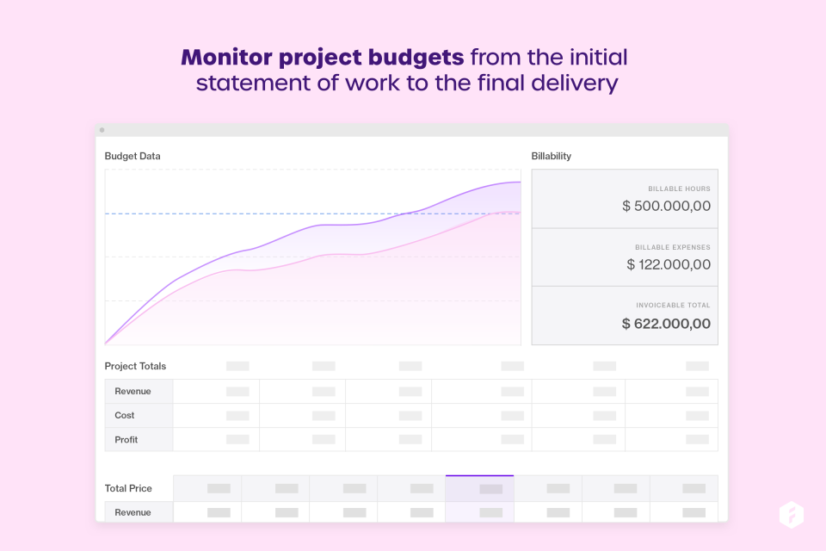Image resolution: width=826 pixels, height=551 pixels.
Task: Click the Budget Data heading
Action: pyautogui.click(x=133, y=156)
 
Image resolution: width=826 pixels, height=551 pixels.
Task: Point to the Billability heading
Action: pyautogui.click(x=552, y=156)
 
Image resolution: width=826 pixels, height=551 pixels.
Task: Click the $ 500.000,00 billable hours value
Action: pyautogui.click(x=666, y=207)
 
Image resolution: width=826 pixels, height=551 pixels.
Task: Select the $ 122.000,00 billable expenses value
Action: pyautogui.click(x=669, y=265)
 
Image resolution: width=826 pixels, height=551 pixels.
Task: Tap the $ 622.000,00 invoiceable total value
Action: pyautogui.click(x=666, y=324)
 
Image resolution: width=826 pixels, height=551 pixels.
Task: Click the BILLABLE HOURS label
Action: pyautogui.click(x=679, y=189)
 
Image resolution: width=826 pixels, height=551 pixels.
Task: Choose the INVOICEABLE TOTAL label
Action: pyautogui.click(x=673, y=305)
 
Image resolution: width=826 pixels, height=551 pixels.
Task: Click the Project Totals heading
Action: pyautogui.click(x=135, y=366)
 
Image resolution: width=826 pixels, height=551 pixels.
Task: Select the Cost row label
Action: pyautogui.click(x=125, y=415)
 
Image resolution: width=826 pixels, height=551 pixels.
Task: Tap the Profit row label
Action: pyautogui.click(x=126, y=439)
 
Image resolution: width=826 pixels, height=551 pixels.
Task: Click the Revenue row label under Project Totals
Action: pyautogui.click(x=133, y=391)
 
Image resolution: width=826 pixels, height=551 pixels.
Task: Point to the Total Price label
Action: pyautogui.click(x=128, y=488)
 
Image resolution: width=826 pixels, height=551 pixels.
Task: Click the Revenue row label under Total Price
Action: pyautogui.click(x=133, y=512)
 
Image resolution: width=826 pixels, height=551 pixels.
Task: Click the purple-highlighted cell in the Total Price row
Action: pyautogui.click(x=479, y=488)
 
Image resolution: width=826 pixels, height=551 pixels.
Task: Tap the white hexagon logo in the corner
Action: pyautogui.click(x=791, y=515)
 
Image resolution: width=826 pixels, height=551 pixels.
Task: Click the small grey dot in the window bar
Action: pyautogui.click(x=102, y=130)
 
